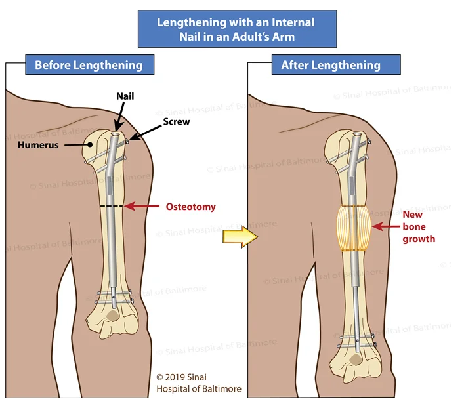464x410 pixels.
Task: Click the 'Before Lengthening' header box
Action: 89,65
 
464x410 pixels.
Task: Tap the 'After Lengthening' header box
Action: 331,65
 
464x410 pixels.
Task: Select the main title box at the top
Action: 236,29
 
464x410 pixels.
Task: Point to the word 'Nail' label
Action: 125,96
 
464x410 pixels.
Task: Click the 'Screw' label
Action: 173,121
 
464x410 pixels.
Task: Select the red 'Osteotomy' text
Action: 190,207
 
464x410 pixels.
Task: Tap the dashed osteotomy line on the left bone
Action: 112,207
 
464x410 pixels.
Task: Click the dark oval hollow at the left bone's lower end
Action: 113,316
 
